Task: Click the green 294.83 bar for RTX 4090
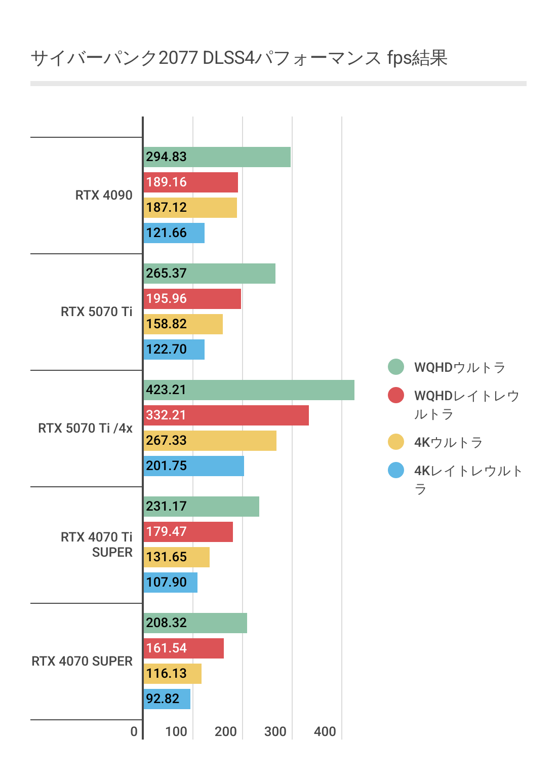[x=217, y=157]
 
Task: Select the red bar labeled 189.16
[x=190, y=182]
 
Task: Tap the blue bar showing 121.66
[x=174, y=233]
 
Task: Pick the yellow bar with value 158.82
[x=183, y=324]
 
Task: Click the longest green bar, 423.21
[x=249, y=390]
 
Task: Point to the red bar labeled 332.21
[x=226, y=415]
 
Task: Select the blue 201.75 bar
[x=193, y=466]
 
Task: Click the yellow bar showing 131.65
[x=176, y=557]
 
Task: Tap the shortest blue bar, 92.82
[x=167, y=699]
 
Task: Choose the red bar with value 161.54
[x=183, y=648]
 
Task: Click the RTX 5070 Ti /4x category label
[x=85, y=429]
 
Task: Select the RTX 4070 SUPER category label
[x=82, y=662]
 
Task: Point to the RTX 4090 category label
[x=104, y=196]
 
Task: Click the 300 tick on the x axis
[x=275, y=731]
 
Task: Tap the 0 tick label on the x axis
[x=134, y=731]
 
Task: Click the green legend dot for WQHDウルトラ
[x=396, y=367]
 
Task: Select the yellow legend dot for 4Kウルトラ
[x=396, y=442]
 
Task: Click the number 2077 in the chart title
[x=178, y=58]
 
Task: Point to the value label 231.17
[x=166, y=507]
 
